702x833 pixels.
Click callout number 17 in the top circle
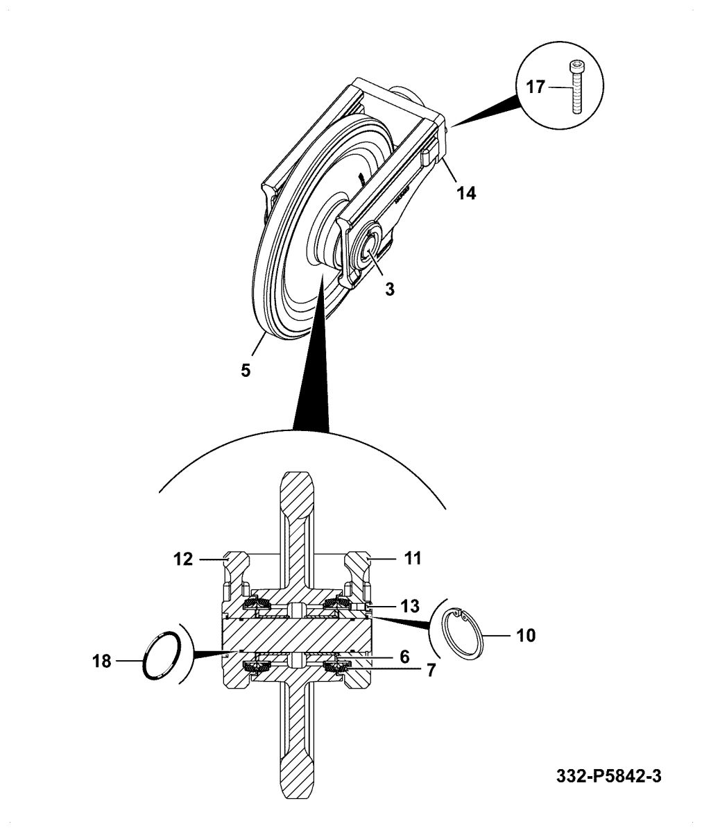tap(536, 87)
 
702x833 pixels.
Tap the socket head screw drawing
tap(575, 86)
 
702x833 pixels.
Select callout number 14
tap(466, 193)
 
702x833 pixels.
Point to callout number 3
tap(390, 289)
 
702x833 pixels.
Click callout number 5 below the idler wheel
tap(246, 370)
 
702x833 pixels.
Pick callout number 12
tap(183, 559)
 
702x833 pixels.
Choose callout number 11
tap(413, 558)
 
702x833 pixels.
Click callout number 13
tap(410, 606)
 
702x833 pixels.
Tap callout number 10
tap(526, 636)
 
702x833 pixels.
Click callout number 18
tap(102, 661)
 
